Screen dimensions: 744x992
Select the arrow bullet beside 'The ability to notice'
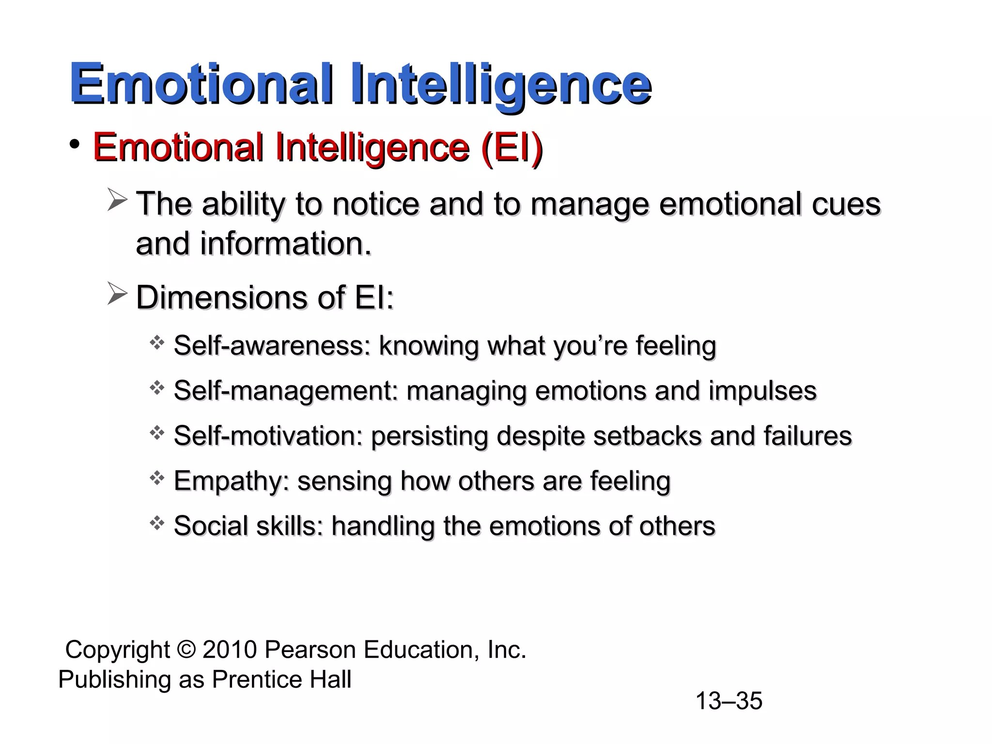117,201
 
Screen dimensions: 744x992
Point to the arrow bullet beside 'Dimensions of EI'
117,294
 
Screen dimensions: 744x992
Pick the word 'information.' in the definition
286,244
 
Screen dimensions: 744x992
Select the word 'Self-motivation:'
268,435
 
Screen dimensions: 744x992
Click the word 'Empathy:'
231,481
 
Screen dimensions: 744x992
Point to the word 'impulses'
762,391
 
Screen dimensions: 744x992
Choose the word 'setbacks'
647,435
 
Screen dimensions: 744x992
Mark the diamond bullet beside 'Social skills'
157,523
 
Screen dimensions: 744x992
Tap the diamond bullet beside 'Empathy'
157,479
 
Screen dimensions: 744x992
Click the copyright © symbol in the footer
186,650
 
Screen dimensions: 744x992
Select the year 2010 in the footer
230,650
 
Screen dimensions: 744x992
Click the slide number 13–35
728,701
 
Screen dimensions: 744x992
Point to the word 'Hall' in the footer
330,679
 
